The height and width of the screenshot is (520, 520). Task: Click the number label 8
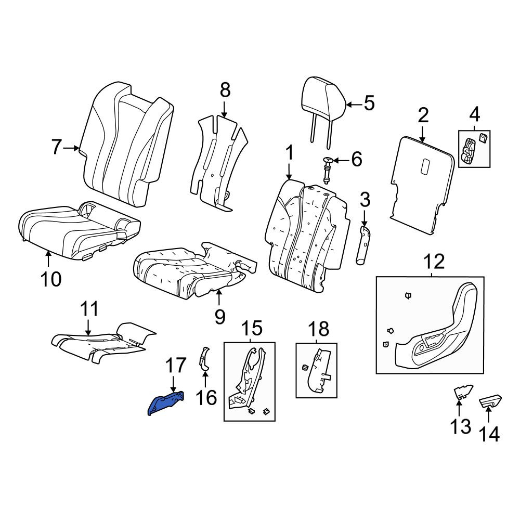[x=225, y=90]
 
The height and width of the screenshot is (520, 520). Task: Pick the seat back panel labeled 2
[x=422, y=185]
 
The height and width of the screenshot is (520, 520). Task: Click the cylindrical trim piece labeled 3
[x=363, y=245]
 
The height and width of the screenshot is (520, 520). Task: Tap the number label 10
[x=51, y=279]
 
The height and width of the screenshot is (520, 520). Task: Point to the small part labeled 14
[x=490, y=401]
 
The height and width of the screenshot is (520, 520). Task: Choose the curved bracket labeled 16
[x=204, y=359]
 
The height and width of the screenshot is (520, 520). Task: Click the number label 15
[x=251, y=328]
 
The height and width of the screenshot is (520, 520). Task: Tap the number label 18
[x=318, y=329]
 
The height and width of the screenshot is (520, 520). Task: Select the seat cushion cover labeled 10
[x=79, y=230]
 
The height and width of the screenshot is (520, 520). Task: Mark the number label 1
[x=289, y=153]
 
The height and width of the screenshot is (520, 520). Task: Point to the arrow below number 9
[x=219, y=297]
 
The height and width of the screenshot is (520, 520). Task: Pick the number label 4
[x=475, y=114]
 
